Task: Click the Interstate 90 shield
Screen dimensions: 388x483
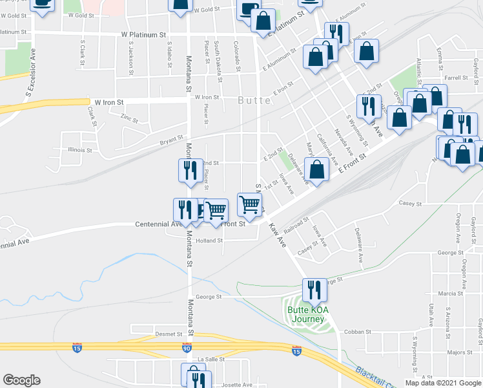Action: point(187,348)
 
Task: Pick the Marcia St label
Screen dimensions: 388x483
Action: point(447,293)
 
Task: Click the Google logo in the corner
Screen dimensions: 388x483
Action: point(21,380)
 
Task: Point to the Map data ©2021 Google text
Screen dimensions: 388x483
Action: point(442,383)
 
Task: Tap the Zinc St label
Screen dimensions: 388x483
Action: point(130,118)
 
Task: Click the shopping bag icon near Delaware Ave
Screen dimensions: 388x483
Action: point(316,171)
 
